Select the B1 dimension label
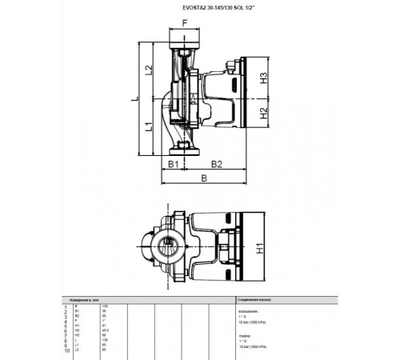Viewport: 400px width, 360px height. point(172,164)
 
